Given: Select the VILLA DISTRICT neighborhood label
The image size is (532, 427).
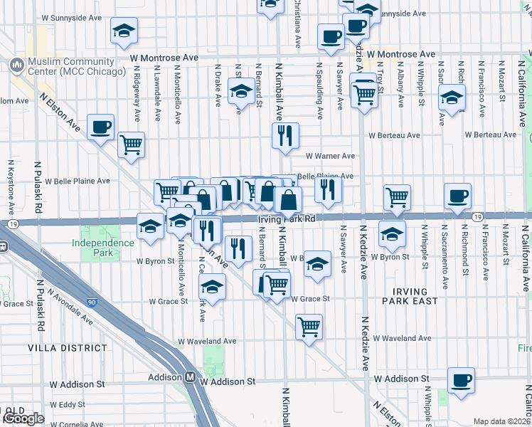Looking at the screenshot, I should point(67,349).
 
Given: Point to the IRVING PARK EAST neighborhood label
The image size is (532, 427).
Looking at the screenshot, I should point(410,297).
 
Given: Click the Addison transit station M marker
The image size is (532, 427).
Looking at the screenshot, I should point(191,378).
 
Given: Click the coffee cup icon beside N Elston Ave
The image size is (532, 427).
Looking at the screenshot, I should point(100,127).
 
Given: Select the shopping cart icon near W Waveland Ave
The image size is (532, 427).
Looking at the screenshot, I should point(309,327).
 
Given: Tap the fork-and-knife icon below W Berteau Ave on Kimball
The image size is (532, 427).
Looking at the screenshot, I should point(285,135).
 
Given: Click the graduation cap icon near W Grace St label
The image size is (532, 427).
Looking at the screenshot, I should point(211,287).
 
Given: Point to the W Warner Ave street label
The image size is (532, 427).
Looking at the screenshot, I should point(330,156).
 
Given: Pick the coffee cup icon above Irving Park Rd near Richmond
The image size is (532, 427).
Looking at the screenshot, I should point(457,195).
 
